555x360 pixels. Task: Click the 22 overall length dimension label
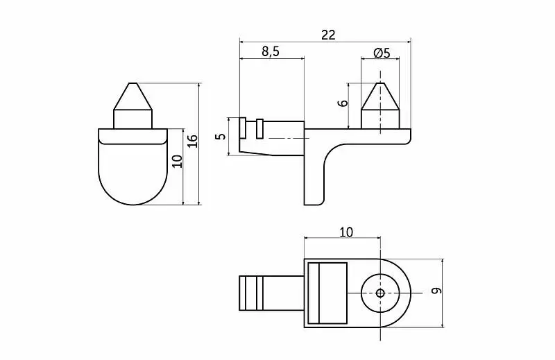click(328, 35)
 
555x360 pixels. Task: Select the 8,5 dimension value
click(271, 52)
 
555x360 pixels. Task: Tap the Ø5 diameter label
click(382, 53)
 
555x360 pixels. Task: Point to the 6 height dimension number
click(343, 103)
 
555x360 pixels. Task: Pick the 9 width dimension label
click(437, 291)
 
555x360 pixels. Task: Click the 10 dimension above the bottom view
click(346, 232)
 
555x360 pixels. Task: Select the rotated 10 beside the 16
click(178, 162)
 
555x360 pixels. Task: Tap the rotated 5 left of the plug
click(221, 136)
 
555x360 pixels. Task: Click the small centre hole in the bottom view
click(380, 293)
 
